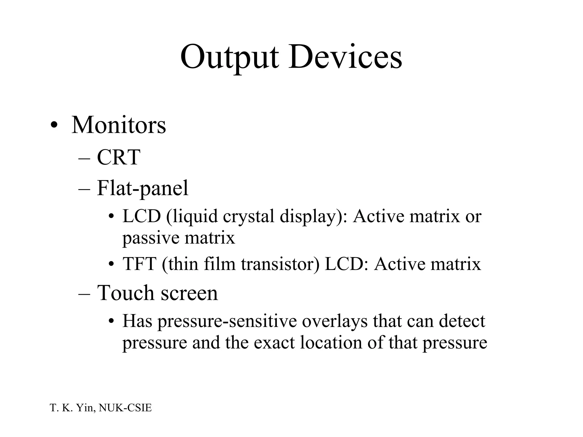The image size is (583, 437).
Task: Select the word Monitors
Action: tap(118, 125)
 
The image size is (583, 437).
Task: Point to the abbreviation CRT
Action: tap(118, 157)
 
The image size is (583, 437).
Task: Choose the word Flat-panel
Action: tap(142, 188)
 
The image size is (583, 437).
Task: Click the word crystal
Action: tap(249, 216)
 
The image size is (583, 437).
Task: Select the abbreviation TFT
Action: tap(139, 264)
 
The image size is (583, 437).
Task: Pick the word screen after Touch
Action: tap(189, 293)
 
